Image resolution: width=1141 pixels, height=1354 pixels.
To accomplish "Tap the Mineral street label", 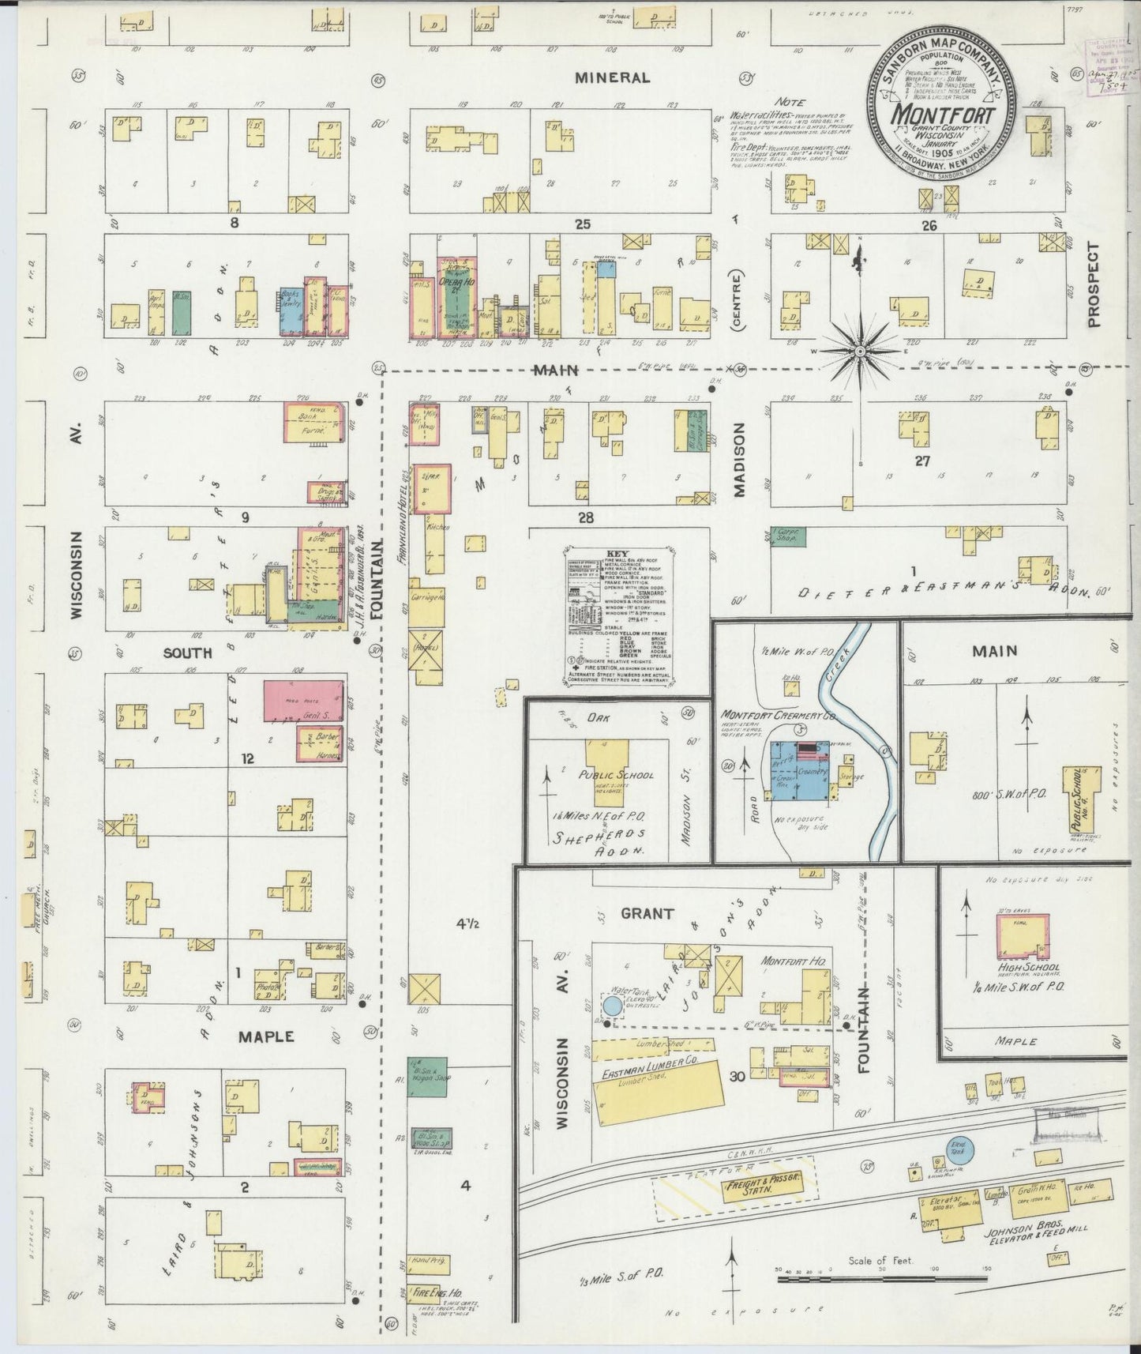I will point(612,77).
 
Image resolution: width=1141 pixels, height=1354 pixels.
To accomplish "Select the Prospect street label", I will point(1093,284).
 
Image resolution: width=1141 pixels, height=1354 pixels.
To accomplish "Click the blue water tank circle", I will point(611,1006).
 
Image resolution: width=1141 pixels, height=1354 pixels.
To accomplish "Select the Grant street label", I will point(646,914).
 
